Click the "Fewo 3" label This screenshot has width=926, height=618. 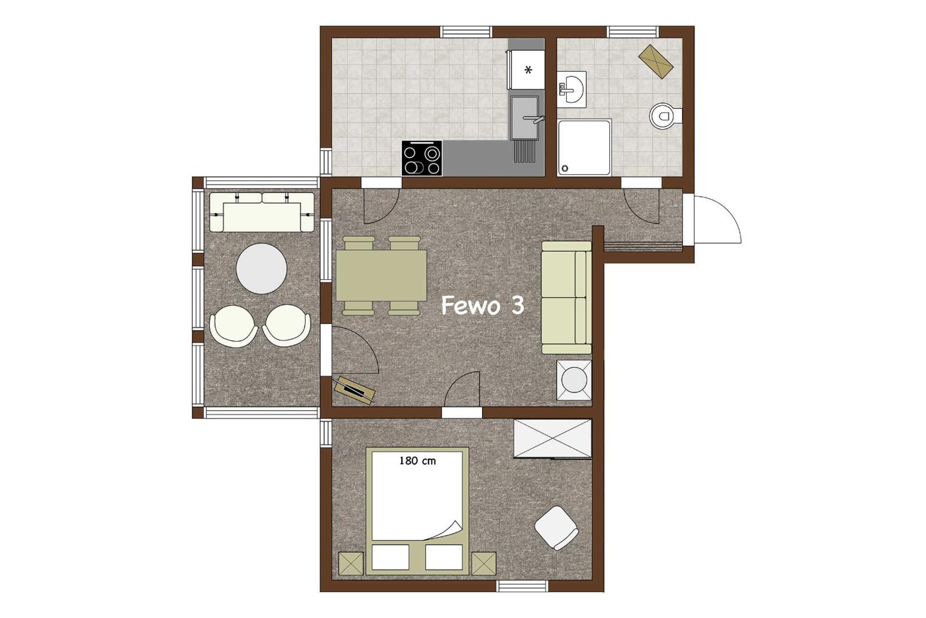point(482,306)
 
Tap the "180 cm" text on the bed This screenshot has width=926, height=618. point(417,461)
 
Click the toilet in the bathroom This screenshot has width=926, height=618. point(665,116)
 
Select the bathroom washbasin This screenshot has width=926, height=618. point(571,90)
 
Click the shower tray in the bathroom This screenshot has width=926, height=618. point(584,148)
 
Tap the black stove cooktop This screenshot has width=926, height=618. point(422,158)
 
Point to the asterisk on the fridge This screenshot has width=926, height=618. point(528,70)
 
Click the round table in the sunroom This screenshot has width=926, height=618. point(262,268)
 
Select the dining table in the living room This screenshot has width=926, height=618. point(382,275)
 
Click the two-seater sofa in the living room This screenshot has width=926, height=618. point(566,297)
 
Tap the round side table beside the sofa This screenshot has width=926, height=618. point(574,380)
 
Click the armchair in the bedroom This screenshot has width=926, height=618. point(557,528)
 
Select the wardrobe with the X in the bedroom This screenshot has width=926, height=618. point(553,439)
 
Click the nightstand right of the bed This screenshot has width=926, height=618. point(484,564)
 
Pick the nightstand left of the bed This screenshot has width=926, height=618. point(351,564)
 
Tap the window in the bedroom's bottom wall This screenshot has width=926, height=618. point(522,586)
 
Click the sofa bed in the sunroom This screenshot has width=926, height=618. point(262,212)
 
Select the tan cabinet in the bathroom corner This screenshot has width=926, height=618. point(656,61)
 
